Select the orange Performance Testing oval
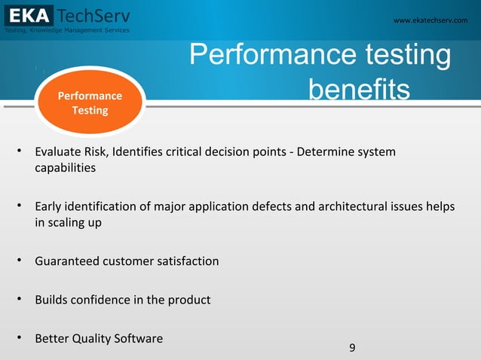(x=90, y=103)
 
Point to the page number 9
(x=352, y=347)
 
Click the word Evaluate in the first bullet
(x=59, y=153)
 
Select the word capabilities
(x=66, y=168)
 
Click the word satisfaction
(x=187, y=261)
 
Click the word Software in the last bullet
(x=137, y=338)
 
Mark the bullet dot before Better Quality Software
(x=17, y=338)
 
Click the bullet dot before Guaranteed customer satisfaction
(x=17, y=261)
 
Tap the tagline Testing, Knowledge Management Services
(x=67, y=30)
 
